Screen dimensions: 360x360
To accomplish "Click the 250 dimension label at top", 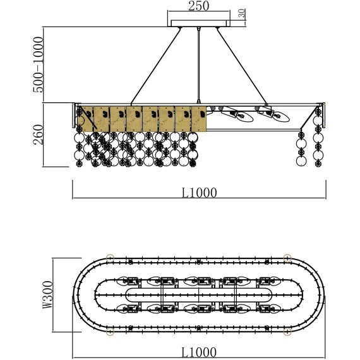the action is pos(199,6).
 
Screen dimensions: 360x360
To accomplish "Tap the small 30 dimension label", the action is pos(242,13).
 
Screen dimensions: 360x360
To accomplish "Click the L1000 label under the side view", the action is pos(199,193).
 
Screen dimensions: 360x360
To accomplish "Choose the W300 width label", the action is pos(48,295).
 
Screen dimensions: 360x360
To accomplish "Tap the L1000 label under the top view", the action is pos(199,352).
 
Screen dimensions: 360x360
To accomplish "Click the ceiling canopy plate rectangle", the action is pos(199,23).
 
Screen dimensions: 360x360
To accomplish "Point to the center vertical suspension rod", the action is pos(198,65).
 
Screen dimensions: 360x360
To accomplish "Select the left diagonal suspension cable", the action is pos(155,66).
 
